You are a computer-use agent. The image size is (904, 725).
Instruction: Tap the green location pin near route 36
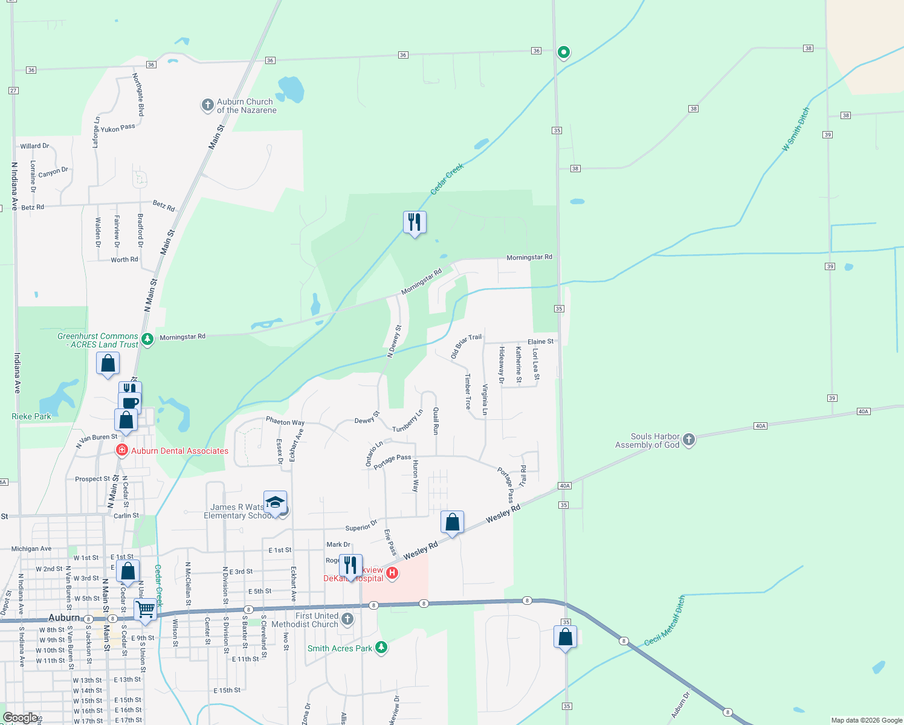563,53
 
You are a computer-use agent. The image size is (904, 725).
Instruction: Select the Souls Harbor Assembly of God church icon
688,440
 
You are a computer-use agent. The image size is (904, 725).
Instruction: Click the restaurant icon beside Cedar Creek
415,222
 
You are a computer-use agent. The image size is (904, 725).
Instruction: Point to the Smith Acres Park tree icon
381,648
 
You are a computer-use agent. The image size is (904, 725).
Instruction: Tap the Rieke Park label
31,416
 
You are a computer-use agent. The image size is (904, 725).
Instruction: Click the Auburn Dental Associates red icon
121,450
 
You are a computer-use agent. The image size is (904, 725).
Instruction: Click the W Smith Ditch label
795,129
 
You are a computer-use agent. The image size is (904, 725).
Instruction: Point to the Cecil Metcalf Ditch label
665,620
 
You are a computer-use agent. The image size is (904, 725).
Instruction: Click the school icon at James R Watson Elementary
275,503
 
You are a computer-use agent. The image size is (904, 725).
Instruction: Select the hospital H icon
392,573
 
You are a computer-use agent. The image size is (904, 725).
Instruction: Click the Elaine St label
540,341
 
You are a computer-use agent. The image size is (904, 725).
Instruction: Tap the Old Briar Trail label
467,346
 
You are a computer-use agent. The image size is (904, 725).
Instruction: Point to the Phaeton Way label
285,422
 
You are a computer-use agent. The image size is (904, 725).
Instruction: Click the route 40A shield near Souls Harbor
760,426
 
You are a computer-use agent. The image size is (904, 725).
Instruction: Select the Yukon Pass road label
118,128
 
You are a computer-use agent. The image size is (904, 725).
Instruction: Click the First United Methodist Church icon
347,619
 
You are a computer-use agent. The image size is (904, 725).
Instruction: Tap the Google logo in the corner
19,718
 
